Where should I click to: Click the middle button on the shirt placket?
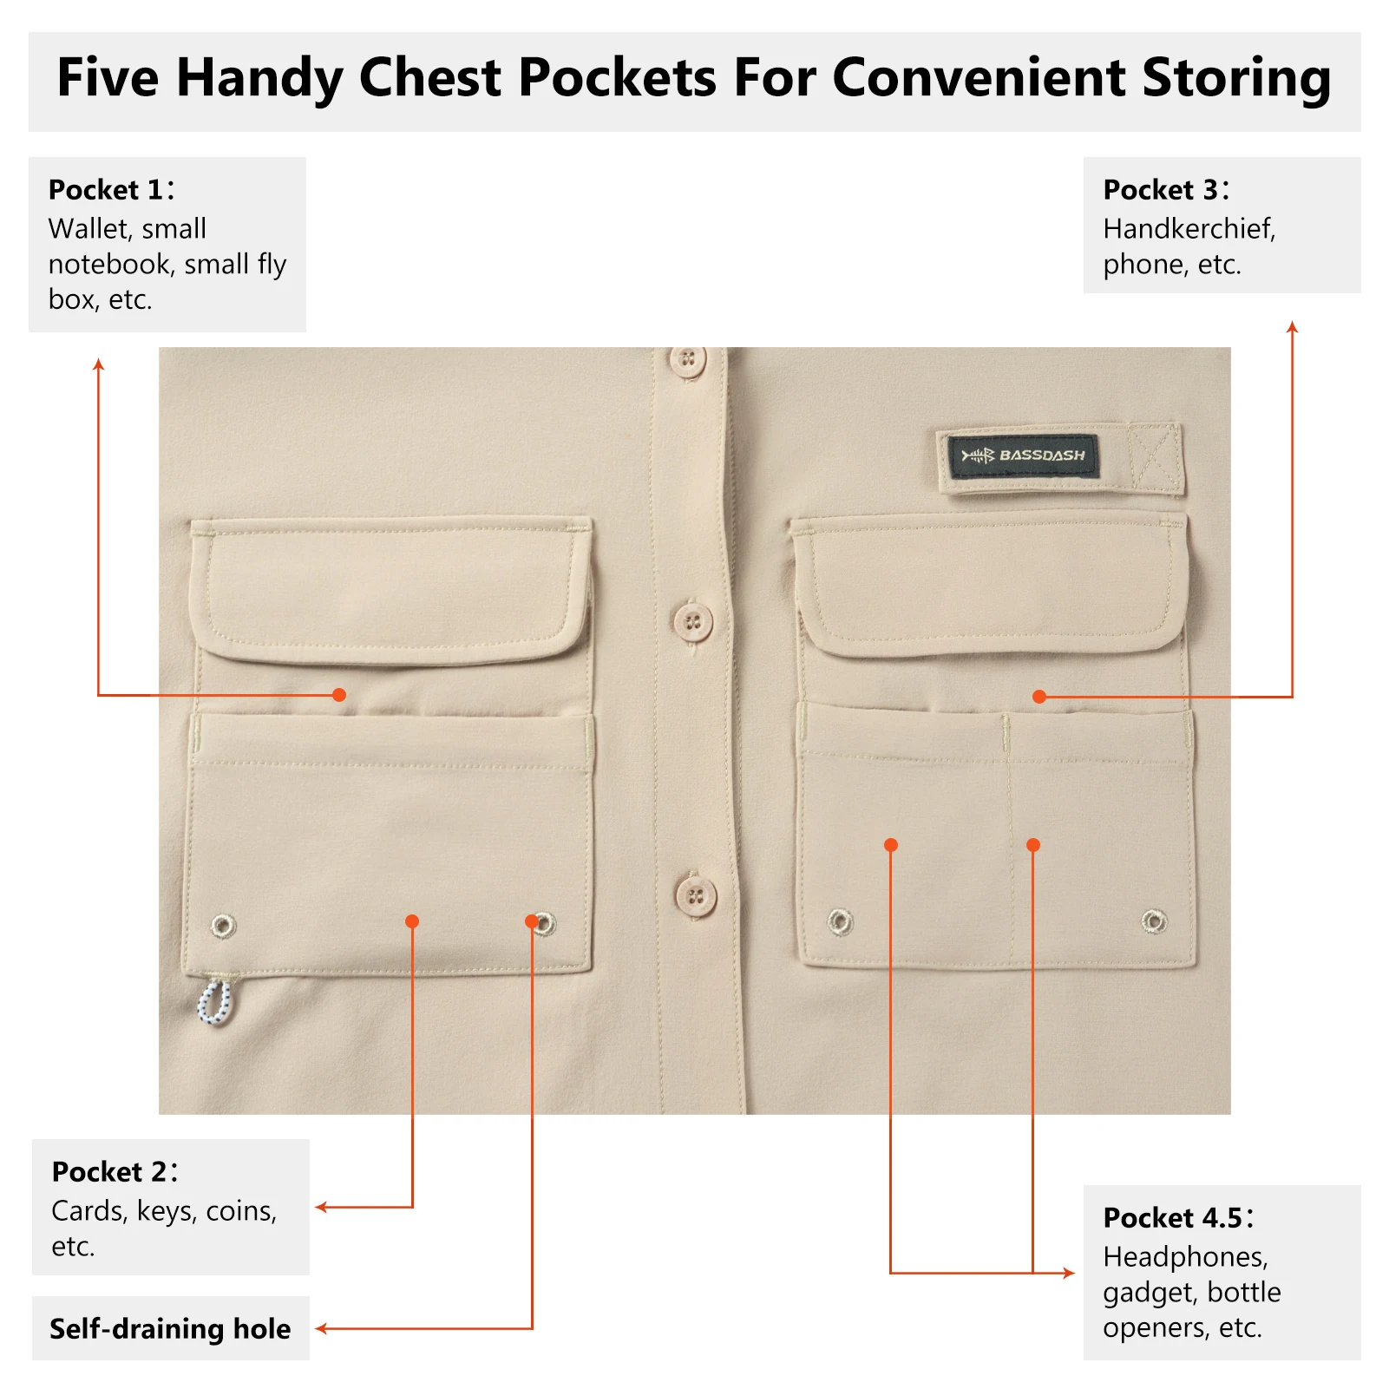(692, 622)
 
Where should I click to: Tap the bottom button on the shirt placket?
(696, 896)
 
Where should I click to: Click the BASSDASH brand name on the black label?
(1042, 455)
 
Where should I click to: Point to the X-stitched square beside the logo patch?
(1156, 458)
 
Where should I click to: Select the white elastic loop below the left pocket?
(214, 1002)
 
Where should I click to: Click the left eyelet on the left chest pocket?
(223, 926)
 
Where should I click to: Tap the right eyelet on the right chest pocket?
(1154, 921)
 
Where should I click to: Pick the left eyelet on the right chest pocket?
(840, 921)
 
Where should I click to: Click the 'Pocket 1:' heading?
(112, 189)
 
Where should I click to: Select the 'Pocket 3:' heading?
(1167, 189)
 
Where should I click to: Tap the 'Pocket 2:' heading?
(115, 1171)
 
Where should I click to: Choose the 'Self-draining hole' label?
(170, 1328)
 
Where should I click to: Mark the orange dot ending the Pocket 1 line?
(339, 695)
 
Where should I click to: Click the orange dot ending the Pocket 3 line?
(1039, 696)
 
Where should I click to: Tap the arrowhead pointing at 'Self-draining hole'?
(320, 1328)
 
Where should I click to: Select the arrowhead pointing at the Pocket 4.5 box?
(1070, 1273)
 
